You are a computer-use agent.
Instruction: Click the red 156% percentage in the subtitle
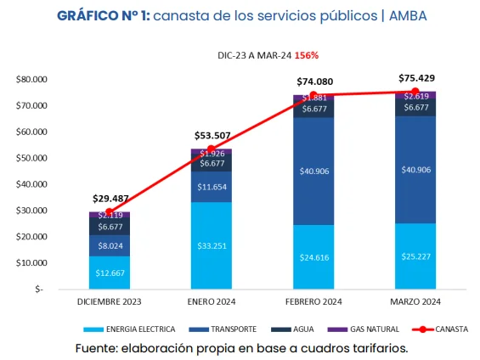tap(308, 54)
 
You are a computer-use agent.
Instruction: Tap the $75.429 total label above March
tap(415, 78)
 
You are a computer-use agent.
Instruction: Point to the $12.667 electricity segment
tap(109, 273)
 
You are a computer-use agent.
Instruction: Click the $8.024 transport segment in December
tap(109, 245)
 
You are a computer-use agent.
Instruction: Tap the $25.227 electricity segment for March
tap(415, 256)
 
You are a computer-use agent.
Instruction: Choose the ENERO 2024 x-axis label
tap(211, 301)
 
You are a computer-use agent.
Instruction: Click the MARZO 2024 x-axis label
tap(415, 301)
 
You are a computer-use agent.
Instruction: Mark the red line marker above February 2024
tap(313, 95)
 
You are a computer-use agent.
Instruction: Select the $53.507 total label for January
tap(211, 135)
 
